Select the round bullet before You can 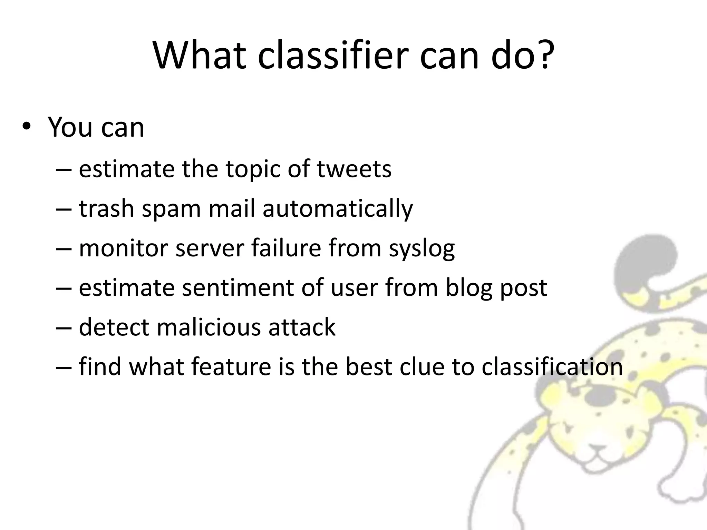(x=26, y=127)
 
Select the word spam (x=171, y=209)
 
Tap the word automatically (x=337, y=209)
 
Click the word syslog (x=422, y=248)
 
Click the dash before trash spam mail (x=64, y=209)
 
